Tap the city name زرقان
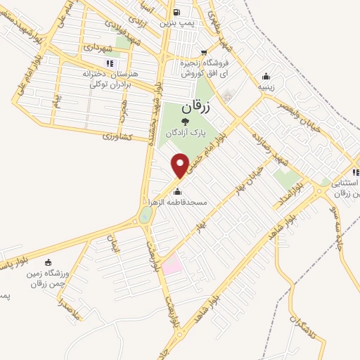(x=196, y=108)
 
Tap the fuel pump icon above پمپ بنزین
(x=176, y=12)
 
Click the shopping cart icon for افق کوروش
(x=204, y=52)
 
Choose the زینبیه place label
(x=264, y=88)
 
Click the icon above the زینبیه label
(x=265, y=77)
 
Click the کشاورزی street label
(x=117, y=136)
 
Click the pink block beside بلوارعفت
(x=172, y=265)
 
